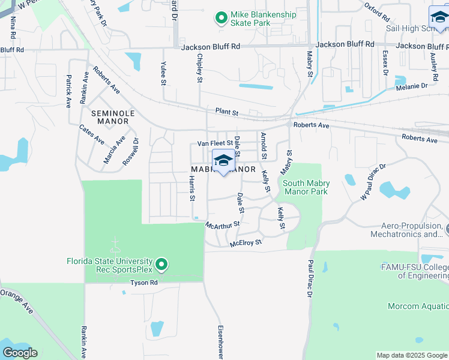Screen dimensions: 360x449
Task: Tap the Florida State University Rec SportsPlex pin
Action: point(161,264)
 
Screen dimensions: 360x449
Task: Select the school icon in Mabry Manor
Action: point(223,161)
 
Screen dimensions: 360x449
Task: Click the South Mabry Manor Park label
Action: point(305,188)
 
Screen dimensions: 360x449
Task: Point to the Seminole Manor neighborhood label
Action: point(110,117)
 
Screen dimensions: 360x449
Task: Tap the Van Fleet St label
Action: point(215,143)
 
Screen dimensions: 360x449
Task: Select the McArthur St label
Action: point(222,224)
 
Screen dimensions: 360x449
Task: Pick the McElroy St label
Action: point(246,243)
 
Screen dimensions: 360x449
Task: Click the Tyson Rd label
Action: point(144,282)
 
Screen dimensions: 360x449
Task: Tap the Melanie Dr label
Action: point(412,86)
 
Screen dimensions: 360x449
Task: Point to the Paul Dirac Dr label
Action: point(310,278)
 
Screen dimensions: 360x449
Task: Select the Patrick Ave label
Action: point(69,91)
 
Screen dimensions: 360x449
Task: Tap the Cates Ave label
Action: point(92,135)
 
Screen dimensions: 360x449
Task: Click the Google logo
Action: point(20,352)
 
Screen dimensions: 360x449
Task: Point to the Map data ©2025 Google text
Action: point(412,355)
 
